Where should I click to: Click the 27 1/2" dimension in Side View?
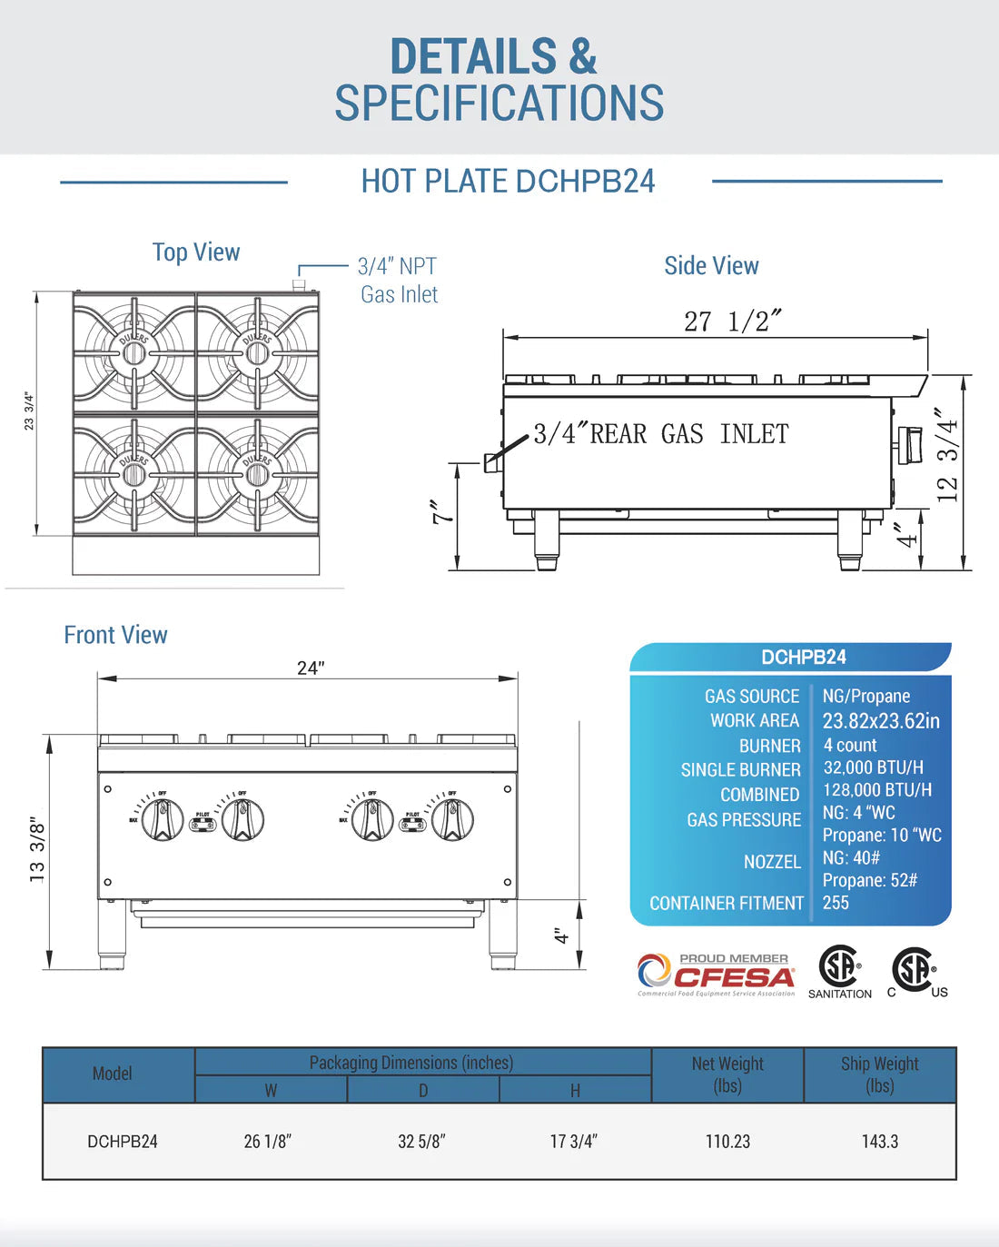click(x=732, y=322)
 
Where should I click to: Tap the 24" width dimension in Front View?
click(x=311, y=668)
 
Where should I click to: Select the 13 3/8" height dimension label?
click(x=36, y=848)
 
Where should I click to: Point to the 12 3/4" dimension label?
click(x=947, y=455)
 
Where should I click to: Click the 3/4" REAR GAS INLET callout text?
click(x=660, y=434)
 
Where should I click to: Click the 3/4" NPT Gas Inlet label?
click(x=398, y=280)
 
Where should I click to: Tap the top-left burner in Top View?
click(x=134, y=352)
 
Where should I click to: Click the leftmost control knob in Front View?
click(x=163, y=819)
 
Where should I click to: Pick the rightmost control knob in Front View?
click(x=452, y=819)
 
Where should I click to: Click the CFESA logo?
click(x=716, y=975)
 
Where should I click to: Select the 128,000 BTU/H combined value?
click(x=877, y=790)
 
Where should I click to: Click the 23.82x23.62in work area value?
click(x=881, y=721)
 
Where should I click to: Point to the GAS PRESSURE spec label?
click(x=744, y=820)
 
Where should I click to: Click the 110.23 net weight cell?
click(x=727, y=1142)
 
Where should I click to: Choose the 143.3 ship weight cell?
click(x=879, y=1142)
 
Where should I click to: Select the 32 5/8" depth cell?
click(x=421, y=1142)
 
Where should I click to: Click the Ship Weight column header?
click(x=879, y=1074)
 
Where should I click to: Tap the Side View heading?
click(x=711, y=266)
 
